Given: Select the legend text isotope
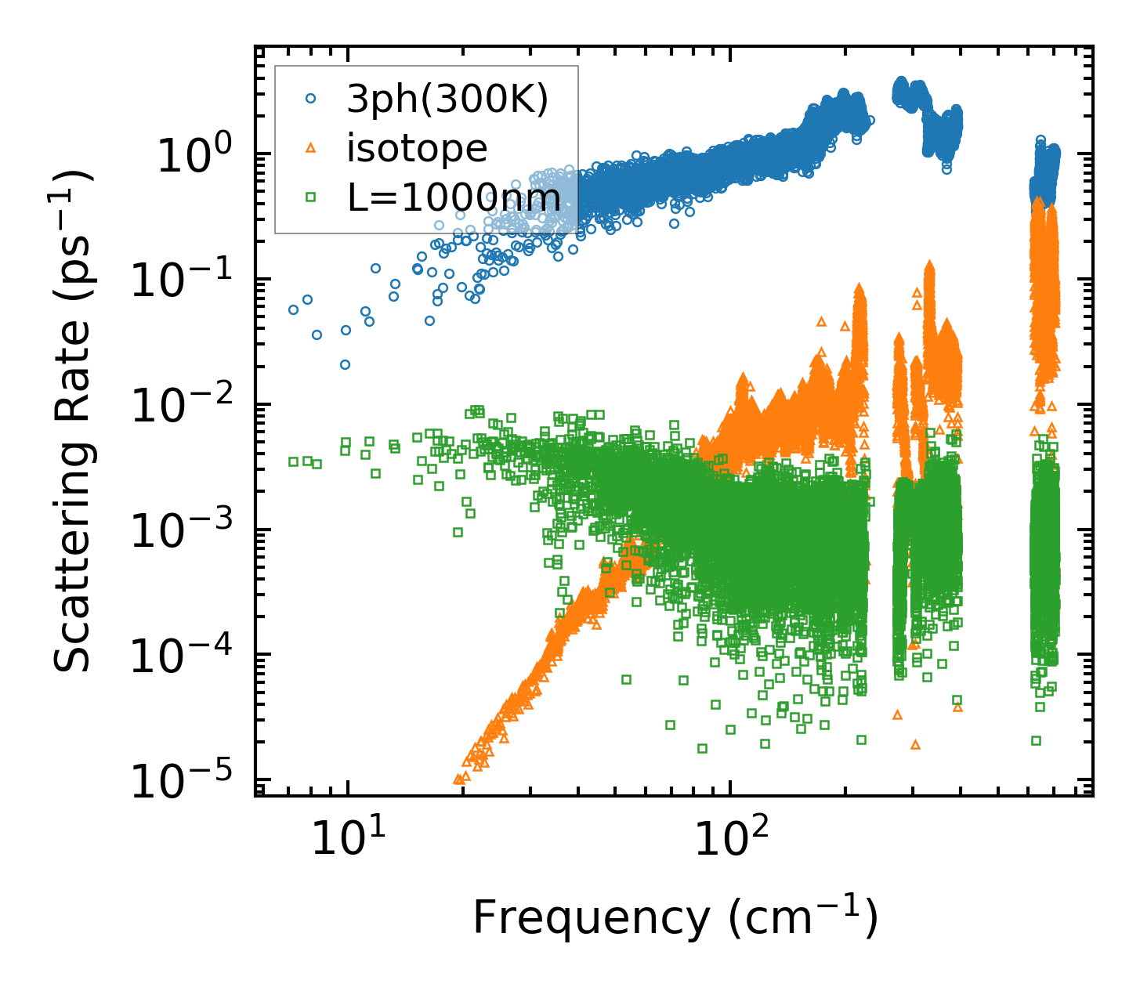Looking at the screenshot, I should pyautogui.click(x=417, y=149).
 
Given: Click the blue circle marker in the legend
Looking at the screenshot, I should pyautogui.click(x=311, y=99).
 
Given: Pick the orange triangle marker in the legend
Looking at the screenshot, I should pyautogui.click(x=311, y=149).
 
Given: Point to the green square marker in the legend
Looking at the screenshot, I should pyautogui.click(x=311, y=197).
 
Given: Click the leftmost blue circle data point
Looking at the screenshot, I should pyautogui.click(x=293, y=309).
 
